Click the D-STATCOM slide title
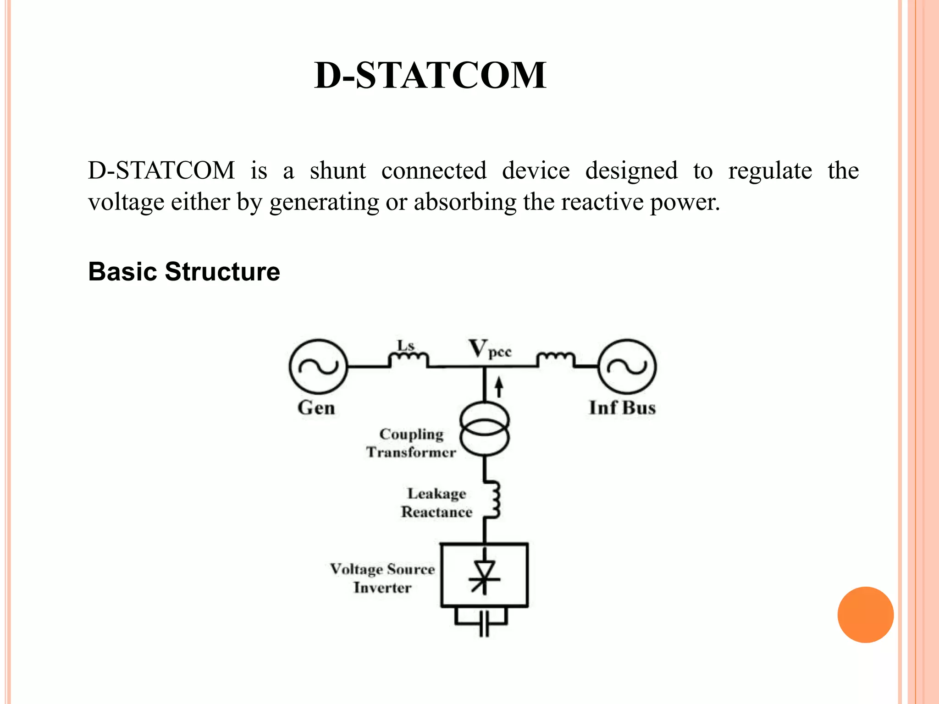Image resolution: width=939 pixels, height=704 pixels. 430,76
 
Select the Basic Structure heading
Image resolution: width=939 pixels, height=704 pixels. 184,271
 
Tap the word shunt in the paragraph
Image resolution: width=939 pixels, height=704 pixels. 337,171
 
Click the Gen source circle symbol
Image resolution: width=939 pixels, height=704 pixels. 318,367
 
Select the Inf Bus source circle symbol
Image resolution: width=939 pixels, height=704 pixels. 627,367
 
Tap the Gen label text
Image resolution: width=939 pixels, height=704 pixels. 316,407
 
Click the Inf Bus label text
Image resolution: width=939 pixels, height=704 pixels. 622,407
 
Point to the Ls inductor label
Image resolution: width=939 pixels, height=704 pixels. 405,345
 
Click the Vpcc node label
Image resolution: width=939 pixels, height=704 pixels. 489,349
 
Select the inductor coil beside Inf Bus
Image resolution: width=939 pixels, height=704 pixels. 555,357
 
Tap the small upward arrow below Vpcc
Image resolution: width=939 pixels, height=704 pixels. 499,387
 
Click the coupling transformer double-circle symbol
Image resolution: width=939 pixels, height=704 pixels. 484,429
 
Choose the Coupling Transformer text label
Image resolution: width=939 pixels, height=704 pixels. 411,443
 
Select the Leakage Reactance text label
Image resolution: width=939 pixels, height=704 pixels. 436,503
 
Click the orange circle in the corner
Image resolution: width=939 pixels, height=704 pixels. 865,615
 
